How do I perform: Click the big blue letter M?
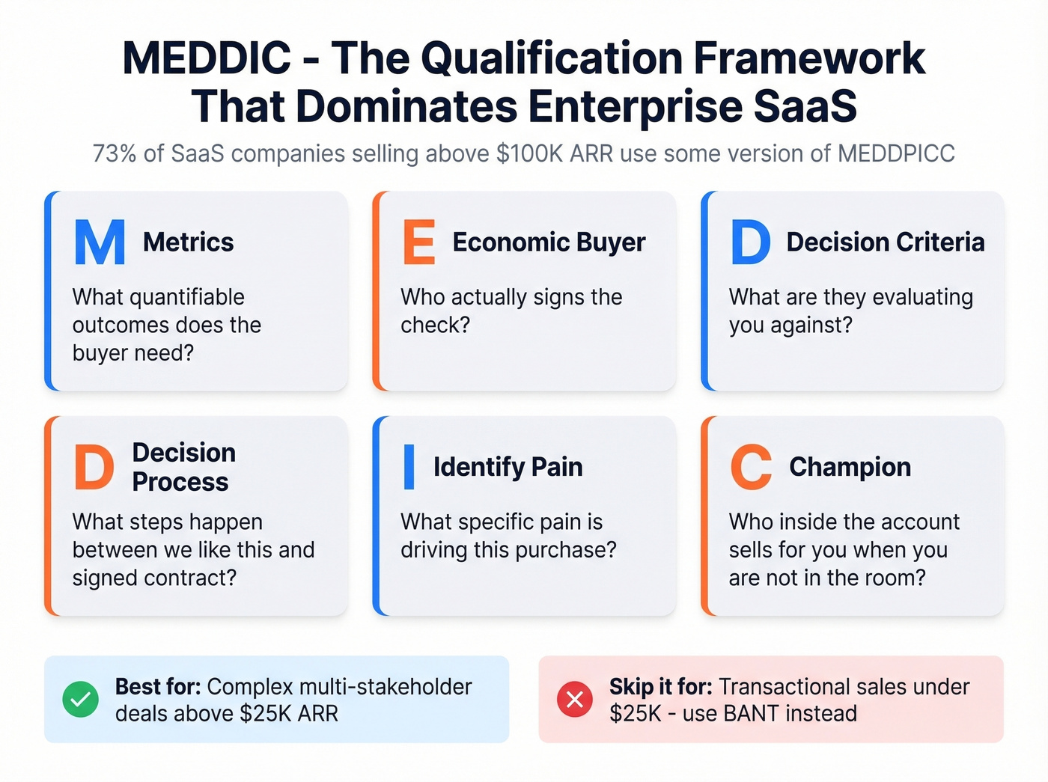(100, 242)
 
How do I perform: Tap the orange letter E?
(418, 242)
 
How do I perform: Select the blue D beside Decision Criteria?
(750, 242)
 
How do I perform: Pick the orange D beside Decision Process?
(94, 467)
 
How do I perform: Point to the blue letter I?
(409, 467)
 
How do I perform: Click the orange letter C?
(751, 467)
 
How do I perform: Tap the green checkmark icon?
(80, 700)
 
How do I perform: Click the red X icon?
(574, 700)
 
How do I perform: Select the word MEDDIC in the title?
(207, 58)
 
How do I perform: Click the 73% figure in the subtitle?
(115, 153)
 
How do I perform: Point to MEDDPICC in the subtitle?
(896, 153)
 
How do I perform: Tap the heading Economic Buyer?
(549, 242)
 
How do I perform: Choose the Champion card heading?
(850, 467)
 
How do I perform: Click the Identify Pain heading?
(508, 467)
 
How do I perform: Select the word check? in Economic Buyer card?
(435, 326)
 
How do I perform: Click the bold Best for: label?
(157, 686)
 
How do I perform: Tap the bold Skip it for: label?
(660, 686)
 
